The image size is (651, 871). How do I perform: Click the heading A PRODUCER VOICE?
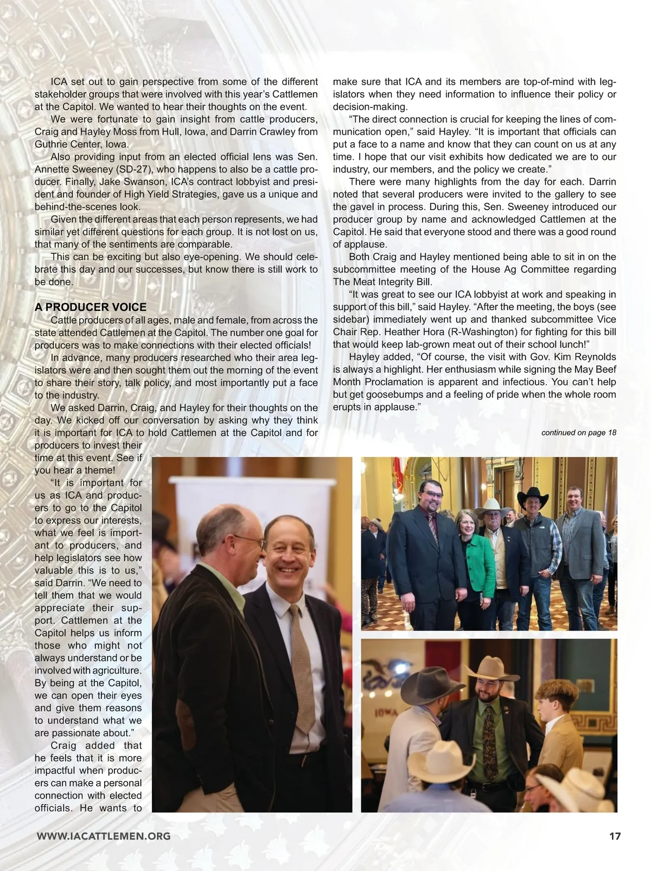point(90,307)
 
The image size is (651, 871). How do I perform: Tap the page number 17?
point(614,836)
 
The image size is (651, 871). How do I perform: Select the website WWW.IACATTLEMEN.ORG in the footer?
point(103,836)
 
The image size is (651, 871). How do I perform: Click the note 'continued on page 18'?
point(578,432)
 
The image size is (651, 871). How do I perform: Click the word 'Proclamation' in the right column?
point(387,382)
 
